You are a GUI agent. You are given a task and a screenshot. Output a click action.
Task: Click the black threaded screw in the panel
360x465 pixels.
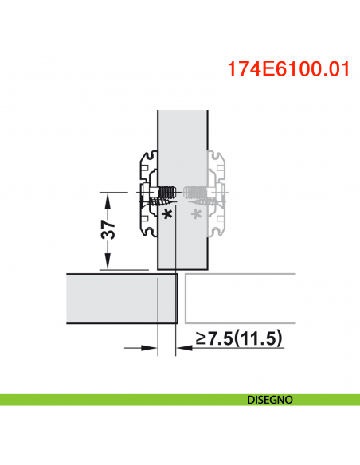[166, 192]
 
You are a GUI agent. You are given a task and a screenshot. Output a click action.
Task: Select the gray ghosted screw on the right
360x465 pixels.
[194, 192]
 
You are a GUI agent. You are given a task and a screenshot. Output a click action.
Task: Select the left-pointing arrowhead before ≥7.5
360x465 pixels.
[181, 347]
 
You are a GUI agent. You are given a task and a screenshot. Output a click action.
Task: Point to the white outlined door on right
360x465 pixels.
[239, 300]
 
